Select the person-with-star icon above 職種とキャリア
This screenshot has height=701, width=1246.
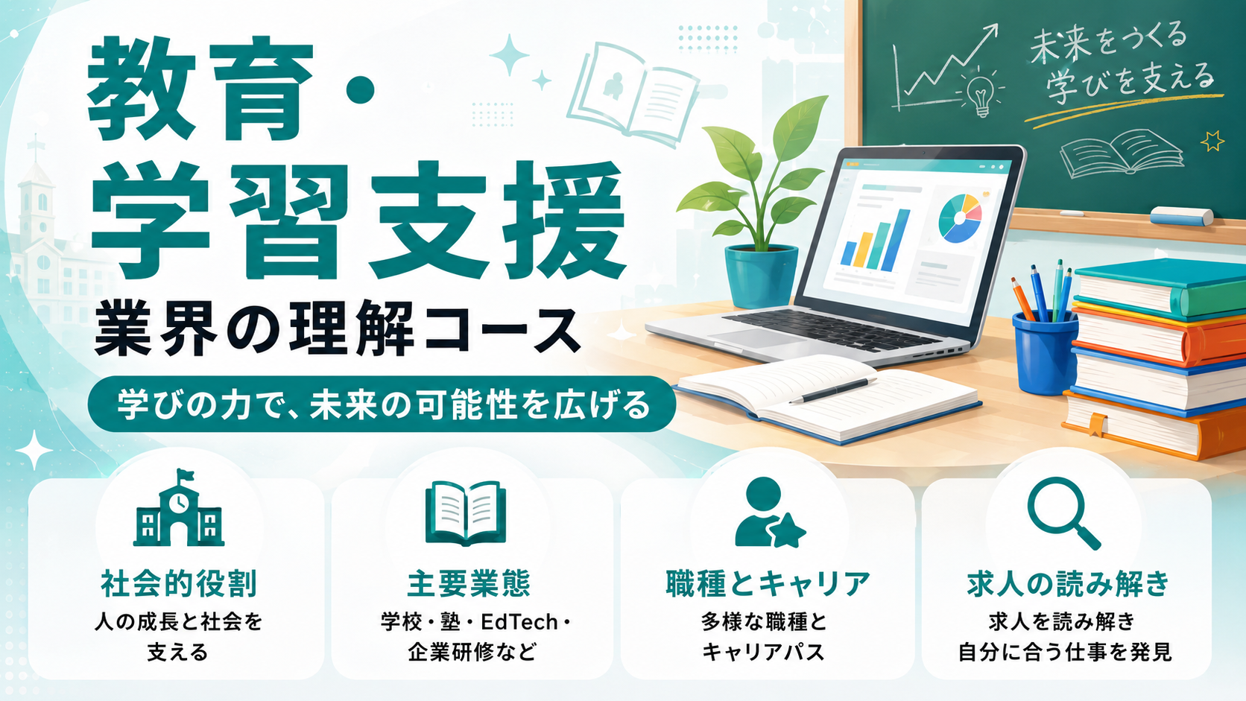[x=770, y=513]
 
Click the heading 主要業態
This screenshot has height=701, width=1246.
[x=469, y=584]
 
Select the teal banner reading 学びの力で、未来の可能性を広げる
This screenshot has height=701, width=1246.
[x=382, y=404]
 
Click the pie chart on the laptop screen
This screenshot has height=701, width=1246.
[x=960, y=218]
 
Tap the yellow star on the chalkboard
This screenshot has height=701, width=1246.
[x=1212, y=142]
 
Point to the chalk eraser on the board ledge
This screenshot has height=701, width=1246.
[x=1181, y=216]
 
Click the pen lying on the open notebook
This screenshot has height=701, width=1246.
[x=832, y=390]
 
